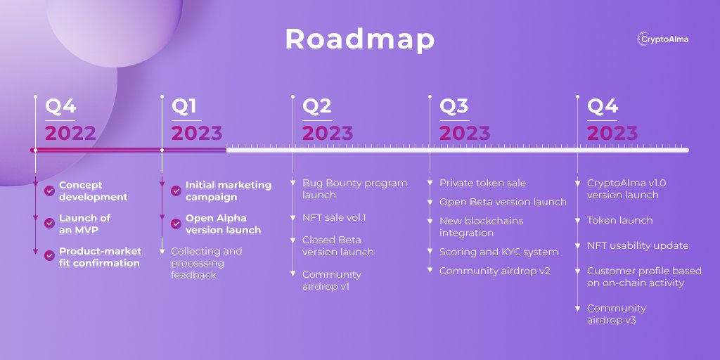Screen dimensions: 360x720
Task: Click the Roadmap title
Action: (359, 39)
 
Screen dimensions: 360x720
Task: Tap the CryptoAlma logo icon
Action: (641, 39)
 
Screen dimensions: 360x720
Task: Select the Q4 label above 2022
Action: (60, 106)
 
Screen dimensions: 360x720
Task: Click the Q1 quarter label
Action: (184, 106)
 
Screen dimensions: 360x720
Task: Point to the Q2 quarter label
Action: (316, 106)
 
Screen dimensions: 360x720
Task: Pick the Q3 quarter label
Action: (454, 106)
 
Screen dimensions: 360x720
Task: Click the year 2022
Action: (70, 133)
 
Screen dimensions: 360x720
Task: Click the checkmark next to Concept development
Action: (49, 191)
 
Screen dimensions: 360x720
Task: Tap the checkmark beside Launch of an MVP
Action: (49, 223)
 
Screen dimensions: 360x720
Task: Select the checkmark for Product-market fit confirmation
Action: (49, 256)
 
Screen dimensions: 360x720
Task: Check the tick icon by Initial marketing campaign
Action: (176, 191)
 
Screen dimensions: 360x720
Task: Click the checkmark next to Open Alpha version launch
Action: (176, 224)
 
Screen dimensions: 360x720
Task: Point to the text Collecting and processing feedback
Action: (206, 263)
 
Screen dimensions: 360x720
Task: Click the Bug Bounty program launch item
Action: (354, 188)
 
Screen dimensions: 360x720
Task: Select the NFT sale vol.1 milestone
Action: (334, 217)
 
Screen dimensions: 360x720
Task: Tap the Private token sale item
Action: (482, 183)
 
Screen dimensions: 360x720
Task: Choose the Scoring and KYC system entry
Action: (499, 252)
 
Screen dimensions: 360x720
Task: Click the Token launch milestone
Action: (619, 220)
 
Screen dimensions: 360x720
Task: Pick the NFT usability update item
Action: (638, 245)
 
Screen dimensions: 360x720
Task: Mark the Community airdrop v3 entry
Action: (617, 314)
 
